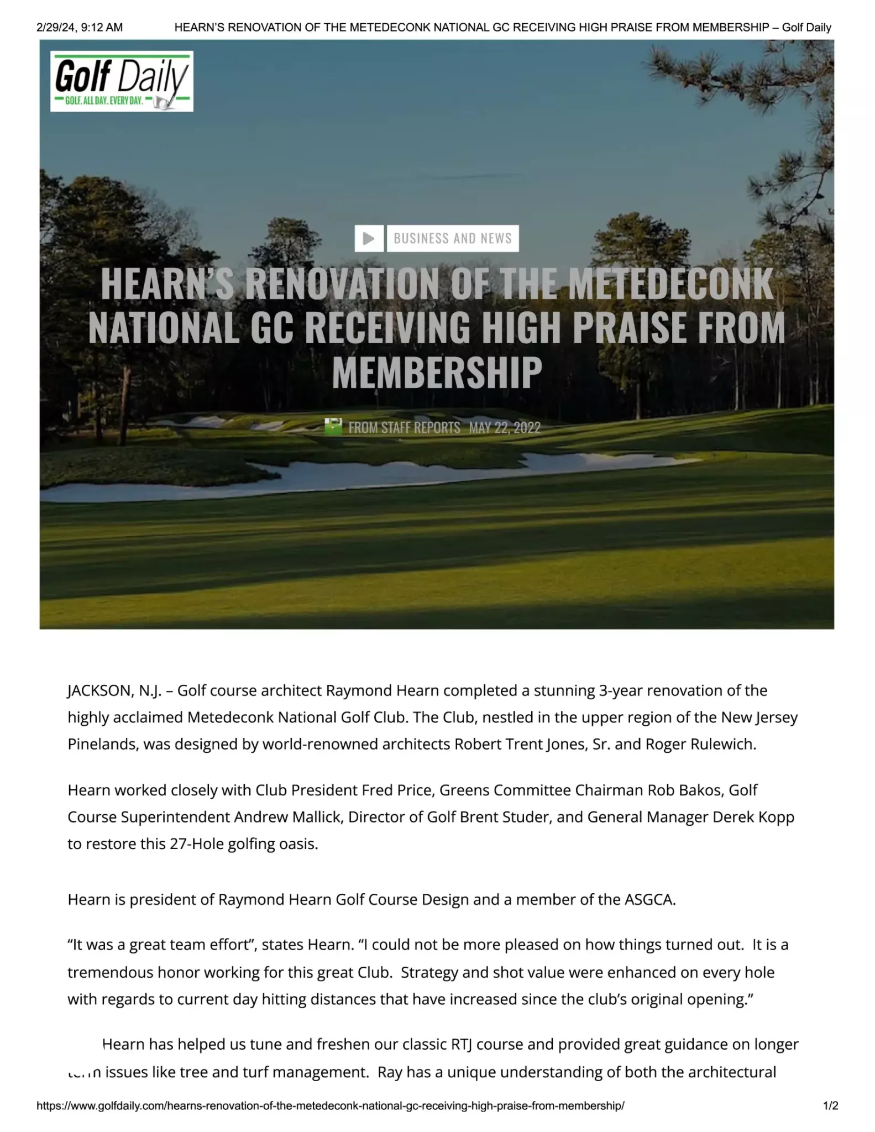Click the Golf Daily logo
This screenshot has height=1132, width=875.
[122, 81]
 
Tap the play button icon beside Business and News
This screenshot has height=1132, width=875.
[369, 238]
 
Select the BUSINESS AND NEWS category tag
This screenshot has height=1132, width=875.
[453, 238]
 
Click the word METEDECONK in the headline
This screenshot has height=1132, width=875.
[670, 284]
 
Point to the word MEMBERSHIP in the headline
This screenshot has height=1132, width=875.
[437, 372]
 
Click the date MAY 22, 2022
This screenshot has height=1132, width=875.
[504, 428]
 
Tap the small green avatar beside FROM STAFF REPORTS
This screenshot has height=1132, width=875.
[333, 427]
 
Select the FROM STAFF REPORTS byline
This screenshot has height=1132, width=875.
[404, 428]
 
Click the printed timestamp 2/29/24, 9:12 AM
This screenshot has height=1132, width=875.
[80, 27]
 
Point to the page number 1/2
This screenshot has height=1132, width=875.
[830, 1106]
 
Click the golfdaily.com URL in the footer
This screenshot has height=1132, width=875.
[330, 1106]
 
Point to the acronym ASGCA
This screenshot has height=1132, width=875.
[649, 900]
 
